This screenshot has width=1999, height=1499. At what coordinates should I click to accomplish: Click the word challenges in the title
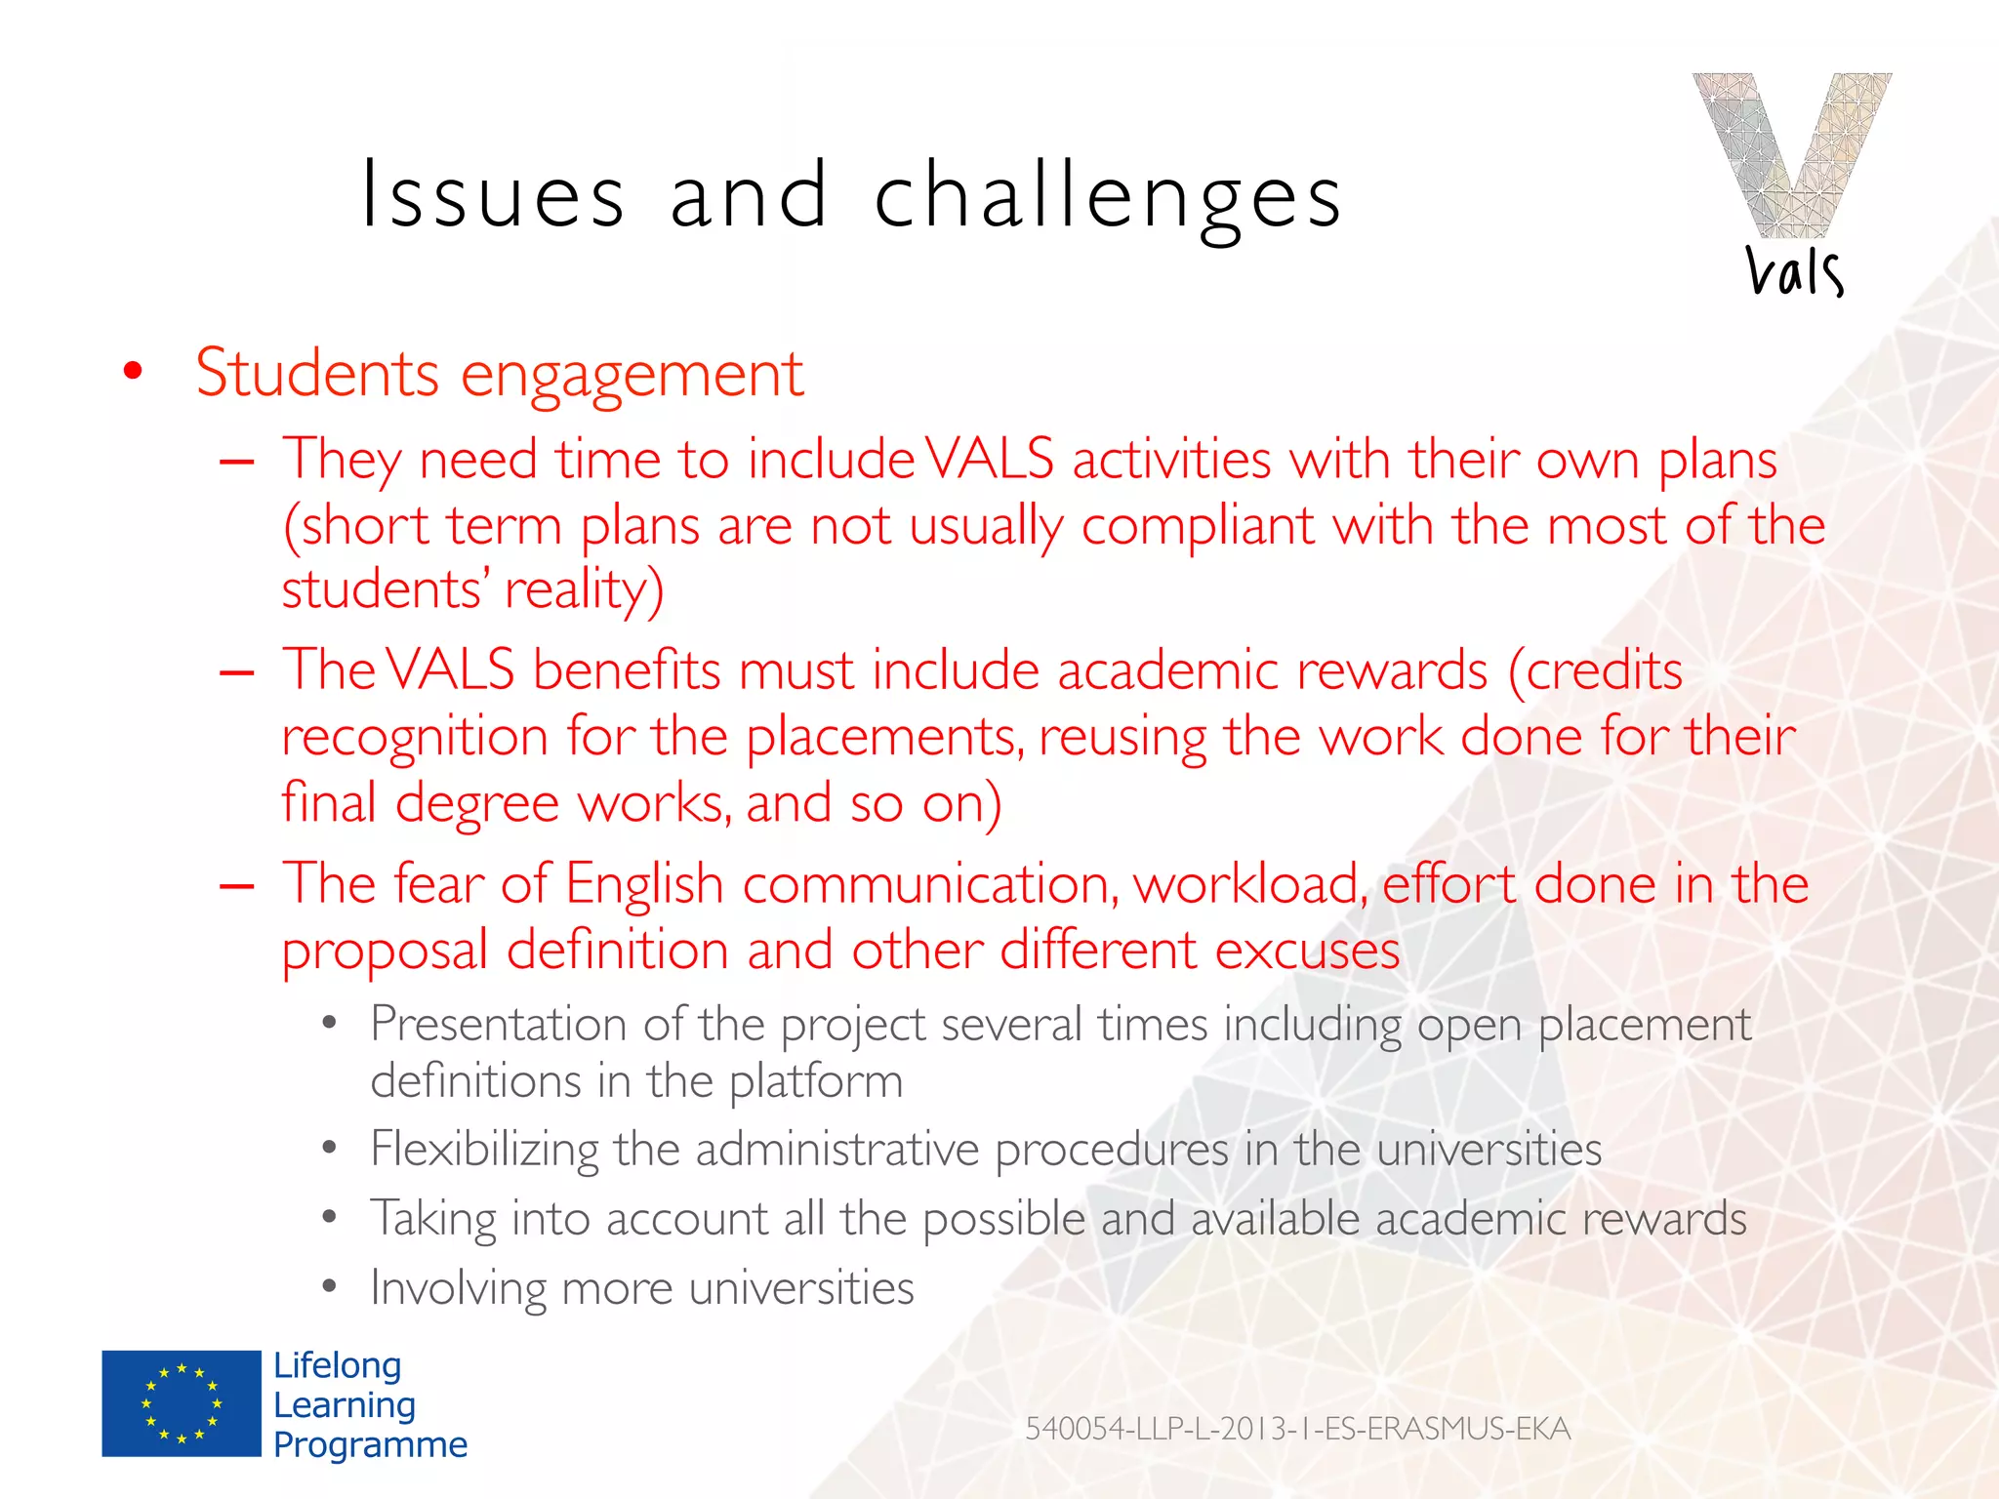tap(1108, 198)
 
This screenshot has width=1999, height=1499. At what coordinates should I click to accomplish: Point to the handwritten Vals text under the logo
tap(1794, 271)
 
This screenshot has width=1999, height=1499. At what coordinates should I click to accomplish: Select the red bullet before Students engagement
tap(133, 372)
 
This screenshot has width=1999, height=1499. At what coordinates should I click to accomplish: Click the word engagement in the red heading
tap(632, 374)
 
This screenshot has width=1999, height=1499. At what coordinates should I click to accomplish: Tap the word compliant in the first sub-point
tap(1198, 526)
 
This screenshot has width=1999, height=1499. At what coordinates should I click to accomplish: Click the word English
tap(644, 884)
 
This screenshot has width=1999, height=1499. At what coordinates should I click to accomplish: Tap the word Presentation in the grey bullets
tap(498, 1026)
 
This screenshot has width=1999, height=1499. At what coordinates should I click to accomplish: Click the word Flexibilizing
tap(484, 1150)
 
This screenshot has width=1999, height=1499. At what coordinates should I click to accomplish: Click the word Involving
tap(458, 1288)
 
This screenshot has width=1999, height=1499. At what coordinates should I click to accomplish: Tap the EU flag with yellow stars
tap(182, 1403)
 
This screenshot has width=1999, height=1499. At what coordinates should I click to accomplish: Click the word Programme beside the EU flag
tap(370, 1444)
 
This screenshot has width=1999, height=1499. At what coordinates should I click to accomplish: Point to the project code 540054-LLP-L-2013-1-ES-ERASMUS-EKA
tap(1297, 1429)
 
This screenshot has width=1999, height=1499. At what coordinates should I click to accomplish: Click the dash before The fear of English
tap(237, 886)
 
